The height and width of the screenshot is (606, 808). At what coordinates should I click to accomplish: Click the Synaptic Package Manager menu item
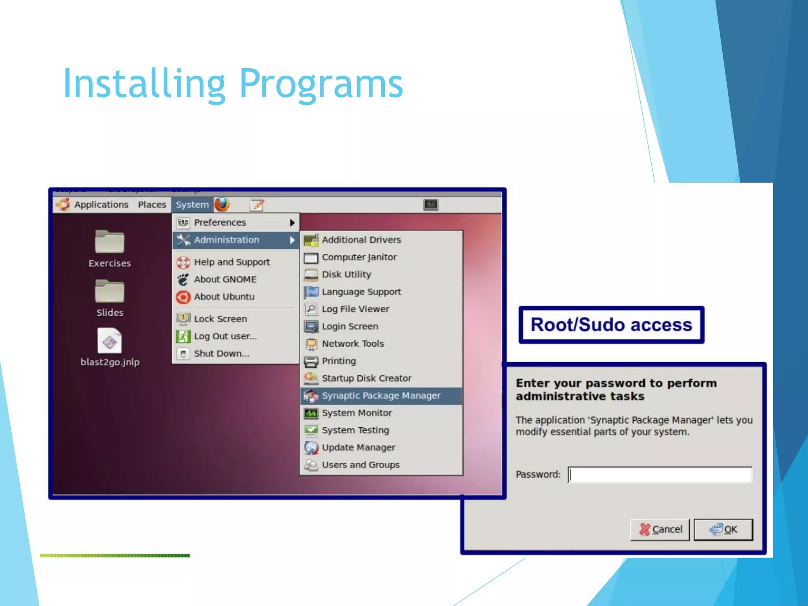click(x=381, y=396)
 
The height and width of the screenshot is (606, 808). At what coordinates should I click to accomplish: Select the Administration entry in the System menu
click(x=226, y=240)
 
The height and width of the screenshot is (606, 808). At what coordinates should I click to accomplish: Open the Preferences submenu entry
click(x=220, y=223)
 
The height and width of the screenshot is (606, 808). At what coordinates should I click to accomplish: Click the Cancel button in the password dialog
click(x=660, y=529)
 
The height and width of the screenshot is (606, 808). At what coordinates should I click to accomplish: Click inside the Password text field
click(x=660, y=475)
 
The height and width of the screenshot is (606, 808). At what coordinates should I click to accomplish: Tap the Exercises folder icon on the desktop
click(x=110, y=241)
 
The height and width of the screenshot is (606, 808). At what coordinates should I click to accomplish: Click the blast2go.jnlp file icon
click(x=110, y=341)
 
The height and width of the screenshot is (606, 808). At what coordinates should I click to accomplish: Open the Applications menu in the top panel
click(x=101, y=205)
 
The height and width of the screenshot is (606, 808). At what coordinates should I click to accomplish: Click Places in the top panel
click(x=152, y=205)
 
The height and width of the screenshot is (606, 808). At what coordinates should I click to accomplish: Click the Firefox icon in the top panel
click(x=222, y=204)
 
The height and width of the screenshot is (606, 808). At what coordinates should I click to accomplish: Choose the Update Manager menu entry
click(x=358, y=447)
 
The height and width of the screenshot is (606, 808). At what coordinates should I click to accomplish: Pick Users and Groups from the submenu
click(x=361, y=465)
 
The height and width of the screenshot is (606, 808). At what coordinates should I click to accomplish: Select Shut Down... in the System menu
click(x=221, y=353)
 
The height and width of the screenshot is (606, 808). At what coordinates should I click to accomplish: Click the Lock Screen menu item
click(x=220, y=319)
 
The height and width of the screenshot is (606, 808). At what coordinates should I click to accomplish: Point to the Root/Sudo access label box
click(x=611, y=325)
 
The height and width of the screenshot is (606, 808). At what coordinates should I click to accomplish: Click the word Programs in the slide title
click(x=321, y=84)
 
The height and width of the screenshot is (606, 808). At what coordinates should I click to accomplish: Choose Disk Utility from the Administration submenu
click(x=346, y=275)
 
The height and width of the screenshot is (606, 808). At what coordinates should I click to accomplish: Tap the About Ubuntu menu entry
click(x=224, y=297)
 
